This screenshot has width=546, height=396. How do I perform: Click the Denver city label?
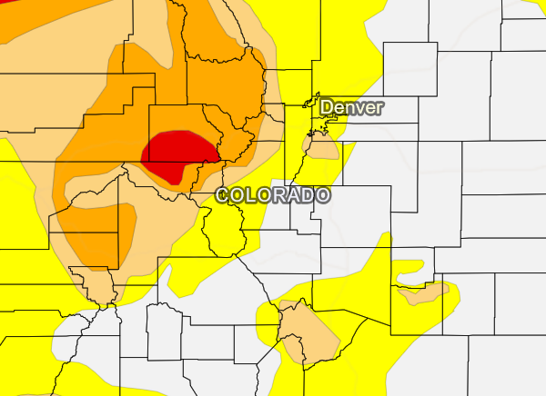point(351,107)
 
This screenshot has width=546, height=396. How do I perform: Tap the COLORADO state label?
point(272,195)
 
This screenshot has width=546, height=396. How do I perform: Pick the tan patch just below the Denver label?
point(320,146)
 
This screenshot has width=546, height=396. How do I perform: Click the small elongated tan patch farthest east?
point(423,292)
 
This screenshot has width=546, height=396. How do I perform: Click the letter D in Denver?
point(327,107)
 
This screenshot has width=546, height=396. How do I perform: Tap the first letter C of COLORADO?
point(223,195)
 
